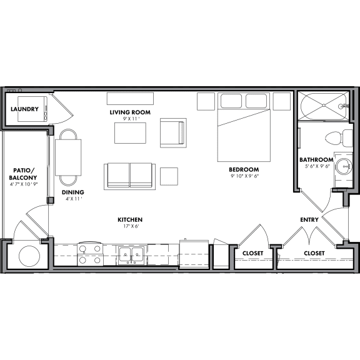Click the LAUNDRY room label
tap(25, 109)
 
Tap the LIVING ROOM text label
tap(130, 112)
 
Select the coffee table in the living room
tap(130, 133)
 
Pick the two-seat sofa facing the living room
tap(130, 175)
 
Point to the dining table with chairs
tap(69, 156)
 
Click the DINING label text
tap(72, 192)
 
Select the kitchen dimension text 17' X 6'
tap(130, 227)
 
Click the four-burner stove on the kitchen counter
tap(89, 255)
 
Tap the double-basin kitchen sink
tap(131, 255)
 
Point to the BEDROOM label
tap(243, 169)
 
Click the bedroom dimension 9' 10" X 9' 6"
tap(243, 176)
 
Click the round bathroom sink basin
tap(342, 166)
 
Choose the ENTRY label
tap(309, 220)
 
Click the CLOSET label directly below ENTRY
tap(314, 253)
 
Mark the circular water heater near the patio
tap(28, 256)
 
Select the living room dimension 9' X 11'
tap(130, 119)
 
